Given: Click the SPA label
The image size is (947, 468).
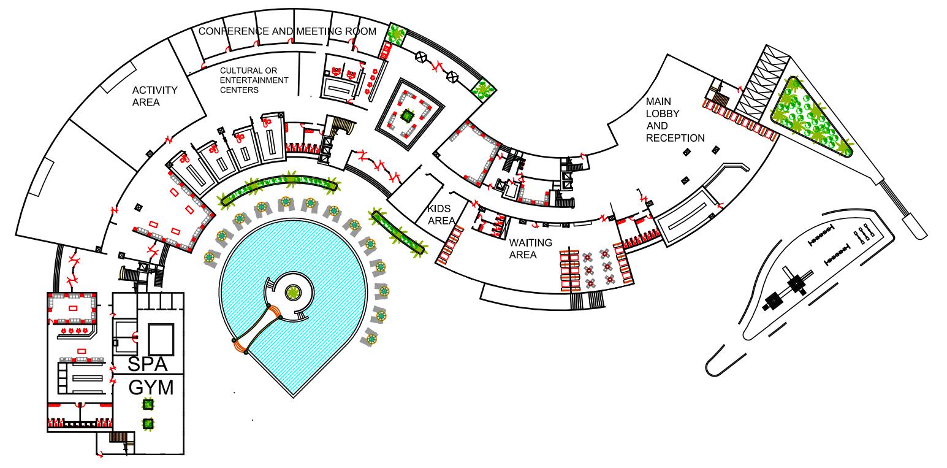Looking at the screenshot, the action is tap(147, 364).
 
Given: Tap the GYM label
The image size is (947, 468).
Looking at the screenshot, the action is tap(151, 388).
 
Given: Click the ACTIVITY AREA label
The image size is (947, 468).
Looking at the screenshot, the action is tap(154, 96).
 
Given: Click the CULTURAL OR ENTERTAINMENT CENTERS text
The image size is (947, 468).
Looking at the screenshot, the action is tap(254, 80).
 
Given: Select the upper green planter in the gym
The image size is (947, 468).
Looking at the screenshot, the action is tap(148, 404).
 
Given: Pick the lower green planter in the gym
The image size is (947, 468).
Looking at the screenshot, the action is tap(148, 423).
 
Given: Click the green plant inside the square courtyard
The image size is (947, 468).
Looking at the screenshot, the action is tap(406, 115).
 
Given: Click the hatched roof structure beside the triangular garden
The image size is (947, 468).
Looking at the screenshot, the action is tap(761, 83).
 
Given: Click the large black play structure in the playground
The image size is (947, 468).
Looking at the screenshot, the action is tap(774, 300).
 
